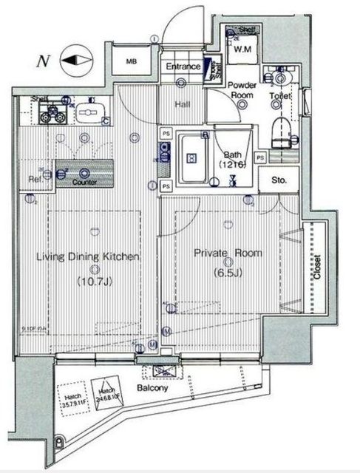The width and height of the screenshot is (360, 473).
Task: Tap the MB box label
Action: pos(132,62)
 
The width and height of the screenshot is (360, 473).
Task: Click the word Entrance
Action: pos(183,67)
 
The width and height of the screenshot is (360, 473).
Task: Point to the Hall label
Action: pos(183,105)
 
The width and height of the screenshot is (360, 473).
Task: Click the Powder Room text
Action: pos(241,90)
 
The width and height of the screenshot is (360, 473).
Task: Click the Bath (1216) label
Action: pos(234,159)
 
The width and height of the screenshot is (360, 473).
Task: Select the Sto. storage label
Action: pos(279,179)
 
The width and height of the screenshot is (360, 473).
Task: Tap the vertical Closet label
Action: pos(317,268)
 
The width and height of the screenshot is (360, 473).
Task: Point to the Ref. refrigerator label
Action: pos(34,179)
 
